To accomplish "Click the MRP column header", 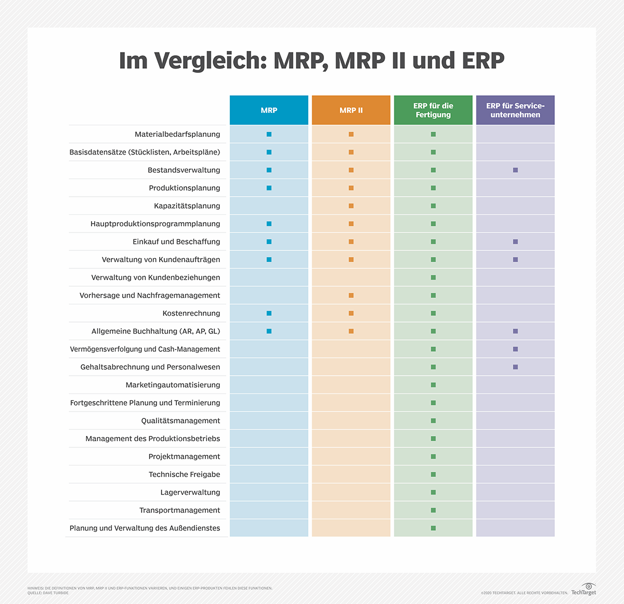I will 269,110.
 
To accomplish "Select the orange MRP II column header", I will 351,110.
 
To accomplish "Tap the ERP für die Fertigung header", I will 433,110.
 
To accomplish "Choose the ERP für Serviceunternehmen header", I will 515,110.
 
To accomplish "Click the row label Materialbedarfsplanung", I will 177,134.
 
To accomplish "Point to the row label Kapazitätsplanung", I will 187,206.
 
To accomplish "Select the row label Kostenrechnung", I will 191,313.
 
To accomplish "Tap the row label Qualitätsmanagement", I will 180,421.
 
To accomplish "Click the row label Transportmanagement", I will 179,510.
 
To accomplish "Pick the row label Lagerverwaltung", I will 190,492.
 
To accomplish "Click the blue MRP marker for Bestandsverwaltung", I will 269,170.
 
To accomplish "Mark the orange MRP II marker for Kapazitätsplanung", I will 351,206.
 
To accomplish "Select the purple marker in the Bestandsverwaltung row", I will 515,170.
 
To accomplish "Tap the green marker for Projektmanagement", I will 433,457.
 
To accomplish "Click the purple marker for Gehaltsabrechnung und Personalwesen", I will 515,367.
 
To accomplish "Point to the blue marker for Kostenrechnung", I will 269,313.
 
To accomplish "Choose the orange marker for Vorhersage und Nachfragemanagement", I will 351,295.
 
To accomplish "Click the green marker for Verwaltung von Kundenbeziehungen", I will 433,278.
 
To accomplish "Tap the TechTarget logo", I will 584,590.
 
